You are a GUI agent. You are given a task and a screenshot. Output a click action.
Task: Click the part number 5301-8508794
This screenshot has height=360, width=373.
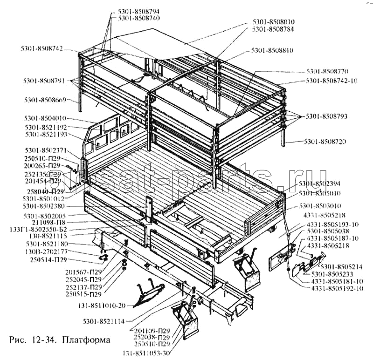coord(139,11)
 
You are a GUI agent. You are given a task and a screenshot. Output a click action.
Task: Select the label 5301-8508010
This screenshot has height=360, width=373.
coord(273,22)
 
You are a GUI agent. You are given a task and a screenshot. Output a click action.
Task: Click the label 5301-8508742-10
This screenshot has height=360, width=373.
coord(332,81)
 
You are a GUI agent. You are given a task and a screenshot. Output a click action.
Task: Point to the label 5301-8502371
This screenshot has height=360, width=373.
coord(47,150)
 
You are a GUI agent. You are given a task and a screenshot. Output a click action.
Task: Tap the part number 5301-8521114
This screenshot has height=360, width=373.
coord(107,321)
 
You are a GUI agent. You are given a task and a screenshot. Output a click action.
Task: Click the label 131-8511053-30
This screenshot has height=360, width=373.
coord(145,353)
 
